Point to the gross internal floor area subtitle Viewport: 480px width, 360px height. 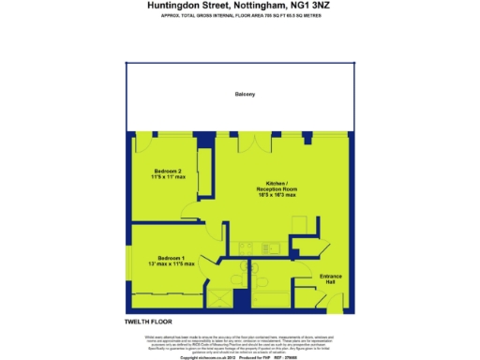click(x=240, y=16)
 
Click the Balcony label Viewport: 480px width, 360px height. click(x=246, y=95)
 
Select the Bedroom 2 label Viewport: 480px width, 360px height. click(x=170, y=171)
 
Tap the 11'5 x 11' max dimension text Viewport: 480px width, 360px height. click(x=170, y=177)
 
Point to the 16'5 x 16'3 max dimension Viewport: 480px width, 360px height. click(x=277, y=196)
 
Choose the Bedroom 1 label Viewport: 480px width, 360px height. click(x=171, y=258)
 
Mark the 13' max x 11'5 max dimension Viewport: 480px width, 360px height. click(x=171, y=264)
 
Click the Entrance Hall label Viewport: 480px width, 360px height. click(x=332, y=277)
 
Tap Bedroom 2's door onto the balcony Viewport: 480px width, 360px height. click(x=145, y=142)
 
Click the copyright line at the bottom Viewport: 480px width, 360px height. click(x=240, y=357)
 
